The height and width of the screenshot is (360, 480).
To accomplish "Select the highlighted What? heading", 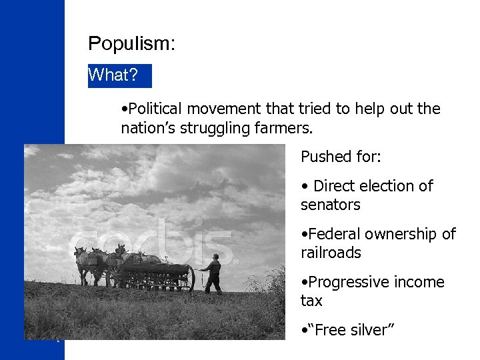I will click(x=113, y=75).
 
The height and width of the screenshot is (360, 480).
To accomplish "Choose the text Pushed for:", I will click(x=341, y=157).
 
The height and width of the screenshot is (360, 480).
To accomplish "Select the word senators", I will click(x=330, y=205).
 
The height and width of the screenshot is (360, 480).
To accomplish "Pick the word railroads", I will click(x=331, y=253).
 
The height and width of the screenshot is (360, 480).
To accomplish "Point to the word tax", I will click(x=311, y=301).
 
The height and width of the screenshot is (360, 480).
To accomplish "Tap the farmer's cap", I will click(x=215, y=257).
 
